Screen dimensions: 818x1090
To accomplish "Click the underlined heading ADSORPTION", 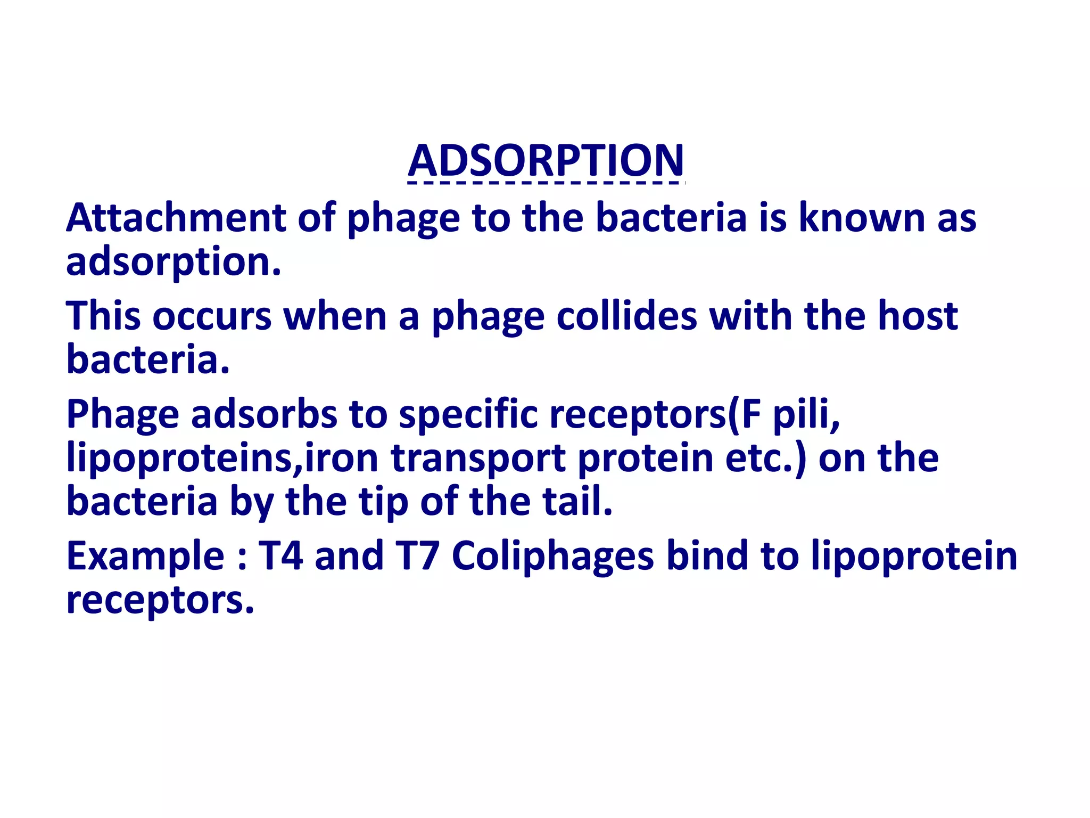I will tap(546, 160).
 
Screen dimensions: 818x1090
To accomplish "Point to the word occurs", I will tap(212, 316).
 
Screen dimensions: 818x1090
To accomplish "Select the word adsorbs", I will tap(264, 414).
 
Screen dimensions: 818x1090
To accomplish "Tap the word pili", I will tap(806, 414).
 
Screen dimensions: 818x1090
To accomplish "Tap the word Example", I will tap(145, 556).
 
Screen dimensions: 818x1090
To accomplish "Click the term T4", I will tap(281, 556).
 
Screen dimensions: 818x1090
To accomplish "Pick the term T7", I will tap(417, 556).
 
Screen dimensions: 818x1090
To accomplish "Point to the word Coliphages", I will tap(552, 556).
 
